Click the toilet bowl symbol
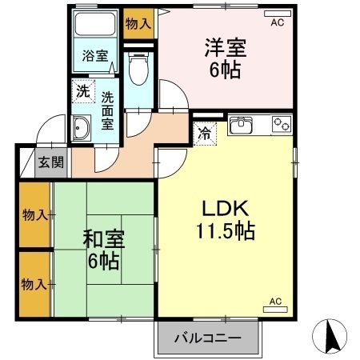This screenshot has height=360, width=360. pyautogui.click(x=138, y=68)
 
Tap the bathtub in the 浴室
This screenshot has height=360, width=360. pyautogui.click(x=95, y=23)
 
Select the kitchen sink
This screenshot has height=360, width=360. pyautogui.click(x=241, y=125)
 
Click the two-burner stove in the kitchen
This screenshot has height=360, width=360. pyautogui.click(x=282, y=124)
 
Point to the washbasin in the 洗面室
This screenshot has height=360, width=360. pyautogui.click(x=82, y=128)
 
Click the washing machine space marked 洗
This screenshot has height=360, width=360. pyautogui.click(x=83, y=91)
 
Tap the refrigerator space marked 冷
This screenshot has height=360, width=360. pyautogui.click(x=205, y=134)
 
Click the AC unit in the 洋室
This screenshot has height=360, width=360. pyautogui.click(x=278, y=14)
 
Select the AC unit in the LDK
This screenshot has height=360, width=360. pyautogui.click(x=275, y=310)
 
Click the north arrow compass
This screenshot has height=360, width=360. pyautogui.click(x=330, y=335)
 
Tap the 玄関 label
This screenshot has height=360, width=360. pyautogui.click(x=51, y=162)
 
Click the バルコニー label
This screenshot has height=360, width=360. pyautogui.click(x=208, y=338)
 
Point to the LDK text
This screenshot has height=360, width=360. pyautogui.click(x=226, y=208)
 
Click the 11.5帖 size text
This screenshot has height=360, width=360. pyautogui.click(x=226, y=231)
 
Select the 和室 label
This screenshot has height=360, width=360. pyautogui.click(x=104, y=239)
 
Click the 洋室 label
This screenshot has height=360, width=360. pyautogui.click(x=226, y=47)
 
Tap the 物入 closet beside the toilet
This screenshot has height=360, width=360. pyautogui.click(x=138, y=24)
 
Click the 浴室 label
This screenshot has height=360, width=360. pyautogui.click(x=95, y=56)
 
